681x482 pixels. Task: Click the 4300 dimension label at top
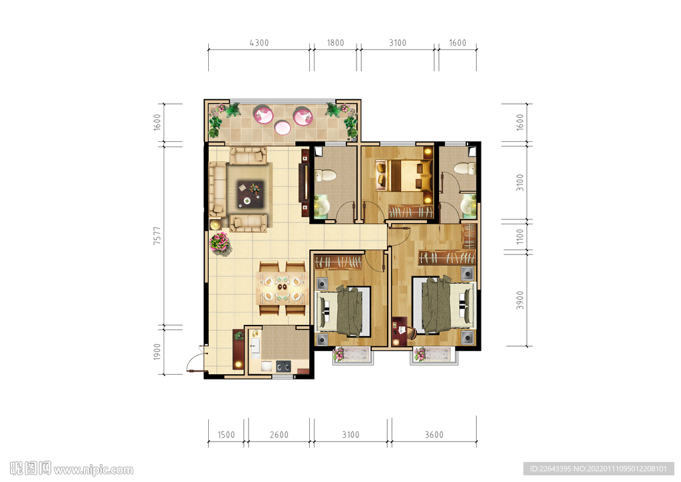click(x=259, y=43)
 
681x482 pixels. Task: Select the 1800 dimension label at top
click(x=335, y=43)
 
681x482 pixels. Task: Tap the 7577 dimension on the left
click(x=157, y=235)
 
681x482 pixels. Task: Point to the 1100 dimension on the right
click(x=520, y=236)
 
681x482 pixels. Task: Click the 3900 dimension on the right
click(x=520, y=300)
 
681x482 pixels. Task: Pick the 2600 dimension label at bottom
click(x=279, y=435)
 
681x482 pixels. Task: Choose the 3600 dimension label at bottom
click(x=434, y=435)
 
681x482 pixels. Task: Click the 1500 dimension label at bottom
click(x=226, y=435)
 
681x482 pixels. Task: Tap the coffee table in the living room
click(x=250, y=194)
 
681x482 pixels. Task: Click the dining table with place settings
click(x=282, y=288)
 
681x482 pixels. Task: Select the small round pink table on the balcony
click(x=282, y=127)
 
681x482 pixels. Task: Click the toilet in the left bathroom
click(x=325, y=176)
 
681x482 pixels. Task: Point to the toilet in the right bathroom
click(x=465, y=168)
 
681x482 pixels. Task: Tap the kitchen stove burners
click(x=283, y=366)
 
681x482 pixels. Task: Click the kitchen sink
click(x=255, y=346)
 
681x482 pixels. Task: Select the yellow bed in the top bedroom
click(x=406, y=176)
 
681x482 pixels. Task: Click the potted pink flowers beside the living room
click(x=219, y=242)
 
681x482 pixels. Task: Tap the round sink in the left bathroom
click(x=322, y=207)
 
